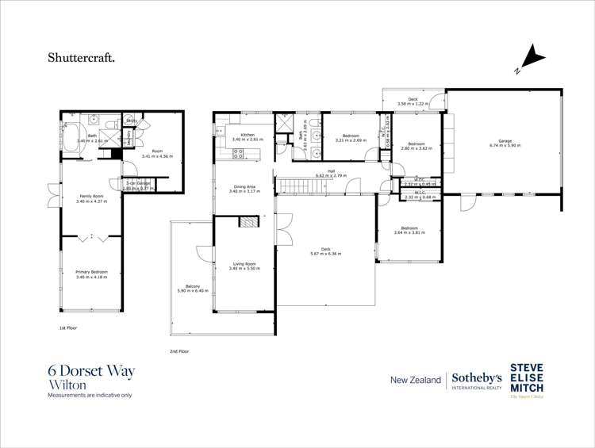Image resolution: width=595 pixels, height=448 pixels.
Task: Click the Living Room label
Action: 244,266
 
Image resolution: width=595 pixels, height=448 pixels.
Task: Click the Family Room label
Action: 92,199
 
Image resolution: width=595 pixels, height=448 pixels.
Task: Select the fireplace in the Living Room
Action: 248,224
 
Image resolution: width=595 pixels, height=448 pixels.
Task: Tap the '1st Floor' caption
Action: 69,327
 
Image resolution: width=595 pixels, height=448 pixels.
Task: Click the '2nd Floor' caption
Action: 179,350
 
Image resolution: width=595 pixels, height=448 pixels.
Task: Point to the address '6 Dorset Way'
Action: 91,370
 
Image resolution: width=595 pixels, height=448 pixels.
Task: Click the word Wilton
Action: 66,385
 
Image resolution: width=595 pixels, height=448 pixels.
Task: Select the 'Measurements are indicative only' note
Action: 90,395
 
